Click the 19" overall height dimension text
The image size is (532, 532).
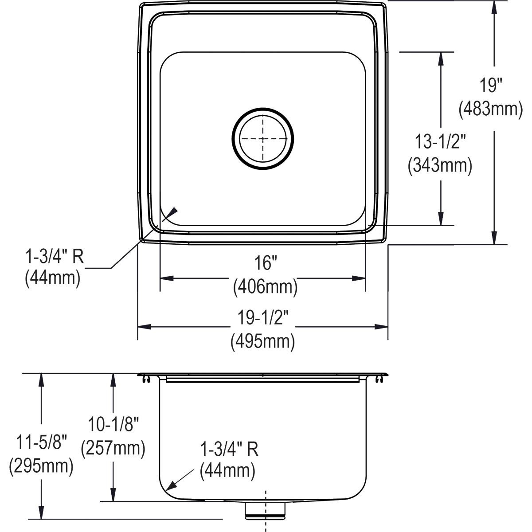pyautogui.click(x=490, y=84)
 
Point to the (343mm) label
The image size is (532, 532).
pyautogui.click(x=440, y=165)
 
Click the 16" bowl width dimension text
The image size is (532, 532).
pyautogui.click(x=265, y=263)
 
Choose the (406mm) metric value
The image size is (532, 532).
pyautogui.click(x=265, y=287)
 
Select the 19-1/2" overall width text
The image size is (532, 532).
pyautogui.click(x=263, y=318)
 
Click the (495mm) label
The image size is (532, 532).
pyautogui.click(x=262, y=342)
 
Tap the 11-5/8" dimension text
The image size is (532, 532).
pyautogui.click(x=41, y=442)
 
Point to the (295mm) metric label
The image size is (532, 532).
pyautogui.click(x=41, y=466)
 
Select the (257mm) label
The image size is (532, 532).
pyautogui.click(x=113, y=448)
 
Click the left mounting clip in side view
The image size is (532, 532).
pyautogui.click(x=146, y=378)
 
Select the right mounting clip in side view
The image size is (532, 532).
pyautogui.click(x=379, y=378)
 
